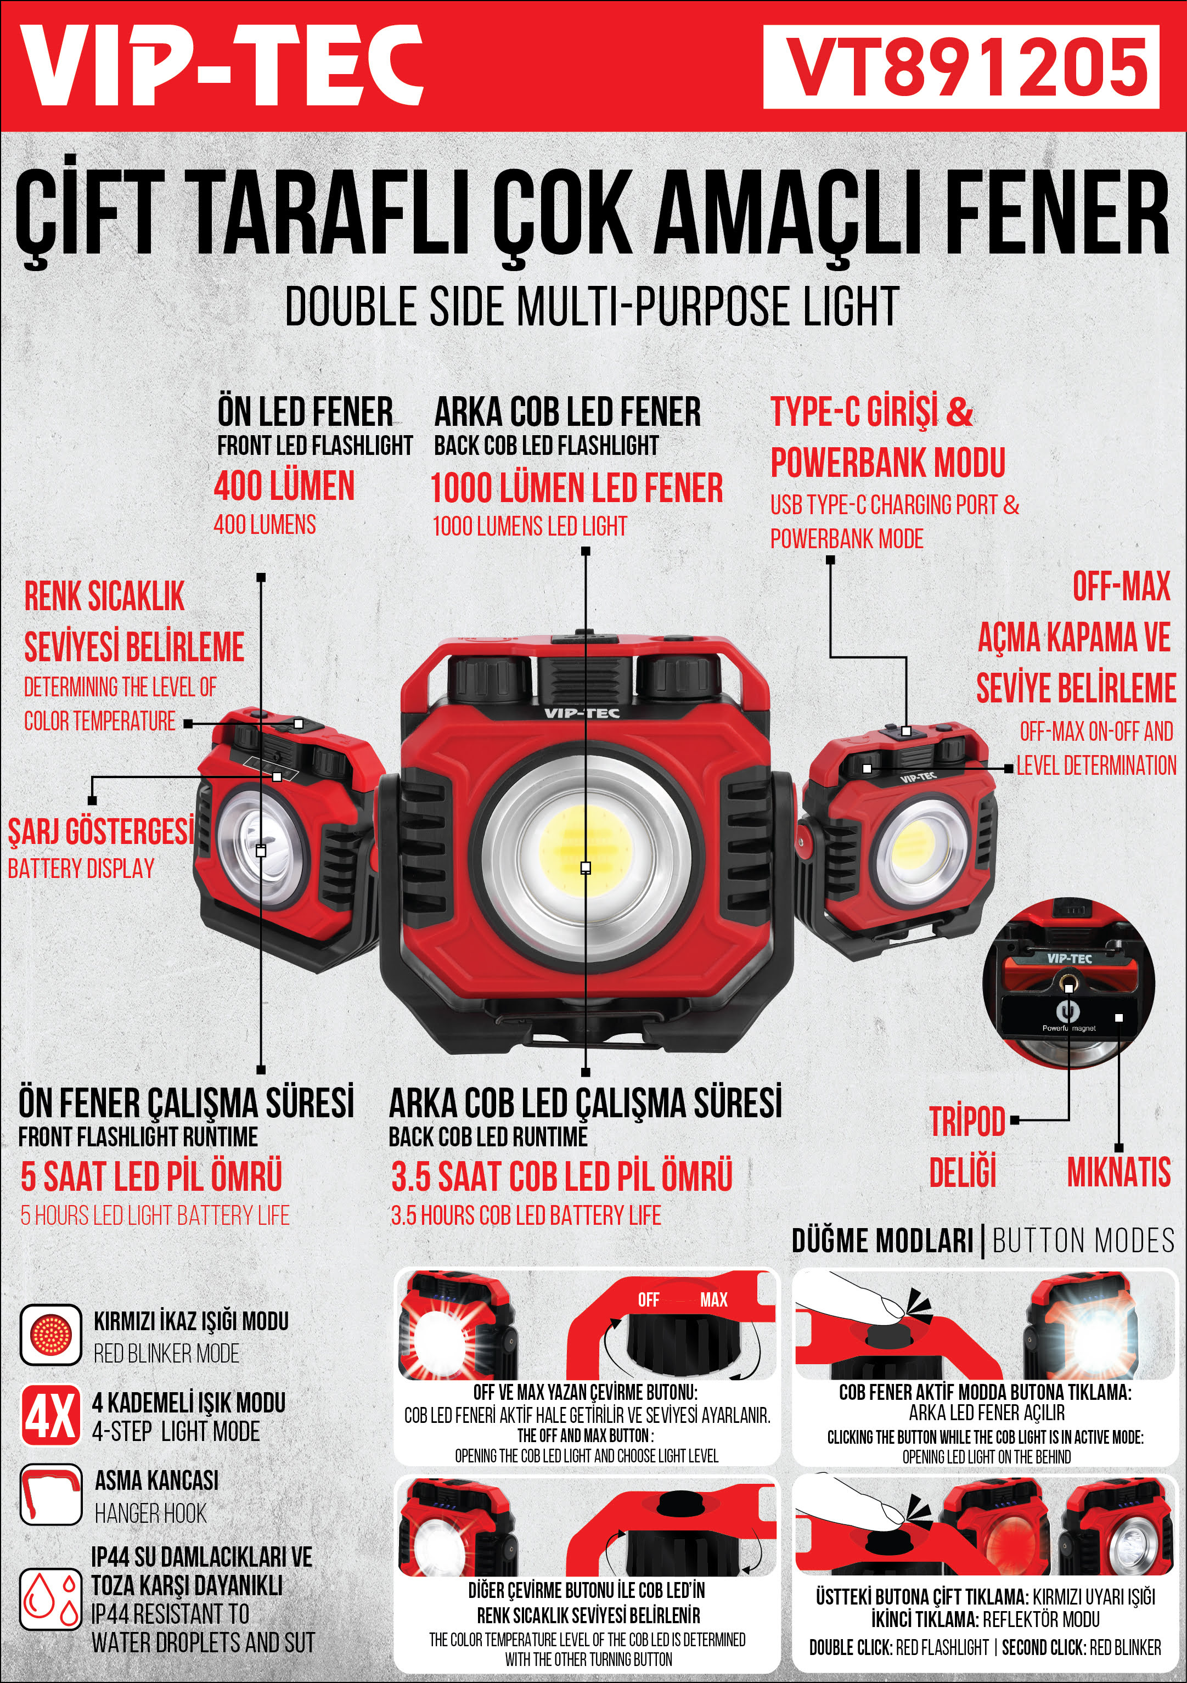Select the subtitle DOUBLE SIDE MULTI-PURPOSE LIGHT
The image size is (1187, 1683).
(592, 306)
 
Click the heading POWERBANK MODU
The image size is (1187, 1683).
(888, 463)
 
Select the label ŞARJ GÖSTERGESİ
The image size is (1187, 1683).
(101, 831)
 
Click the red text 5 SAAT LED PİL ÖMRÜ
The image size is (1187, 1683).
(151, 1176)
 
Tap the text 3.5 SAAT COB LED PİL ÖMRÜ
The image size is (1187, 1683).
(561, 1176)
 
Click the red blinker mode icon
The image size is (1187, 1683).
(50, 1335)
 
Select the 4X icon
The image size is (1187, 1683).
(50, 1415)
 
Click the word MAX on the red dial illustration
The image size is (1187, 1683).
(713, 1299)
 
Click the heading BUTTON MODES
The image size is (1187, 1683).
(1084, 1241)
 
